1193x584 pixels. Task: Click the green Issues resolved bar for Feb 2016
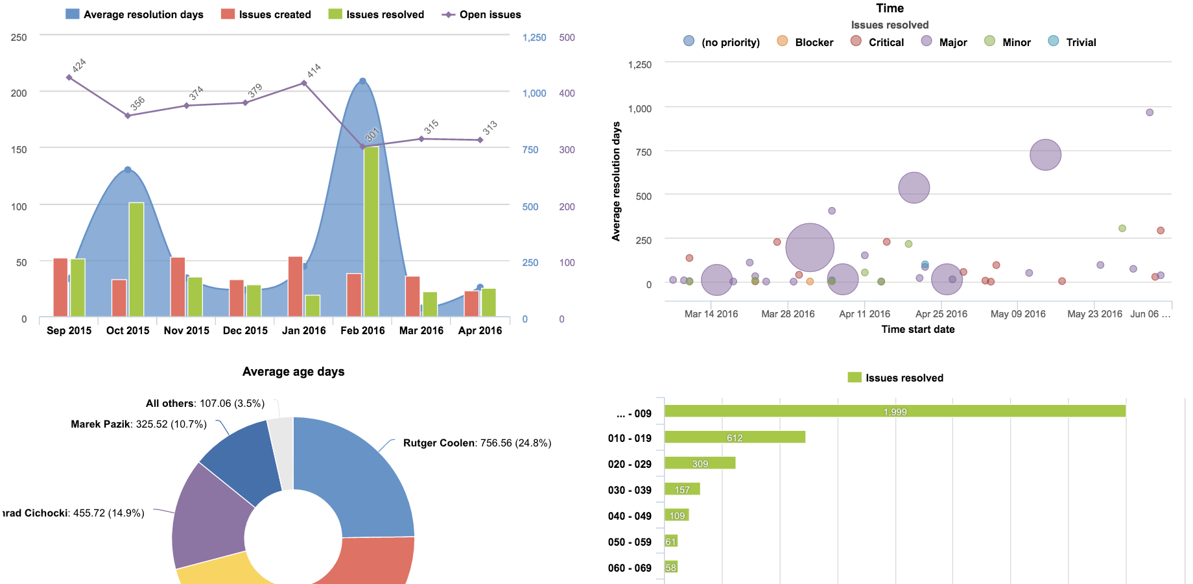[x=371, y=231]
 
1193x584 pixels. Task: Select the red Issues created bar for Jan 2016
[x=295, y=286]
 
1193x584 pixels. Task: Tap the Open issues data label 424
[x=79, y=65]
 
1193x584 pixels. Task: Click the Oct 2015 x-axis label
[x=128, y=330]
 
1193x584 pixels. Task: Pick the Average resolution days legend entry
[x=134, y=14]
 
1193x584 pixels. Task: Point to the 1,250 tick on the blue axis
[x=534, y=38]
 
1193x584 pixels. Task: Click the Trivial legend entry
[x=1072, y=42]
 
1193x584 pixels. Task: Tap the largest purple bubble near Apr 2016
[x=810, y=247]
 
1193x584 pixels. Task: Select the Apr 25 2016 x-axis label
[x=941, y=314]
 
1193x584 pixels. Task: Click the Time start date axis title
[x=917, y=330]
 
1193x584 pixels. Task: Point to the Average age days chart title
[x=293, y=372]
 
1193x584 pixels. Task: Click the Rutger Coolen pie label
[x=477, y=443]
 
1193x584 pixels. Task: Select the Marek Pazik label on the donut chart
[x=138, y=424]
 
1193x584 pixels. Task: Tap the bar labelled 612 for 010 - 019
[x=735, y=437]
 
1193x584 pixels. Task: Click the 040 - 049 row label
[x=629, y=516]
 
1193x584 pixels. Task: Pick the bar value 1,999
[x=895, y=411]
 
